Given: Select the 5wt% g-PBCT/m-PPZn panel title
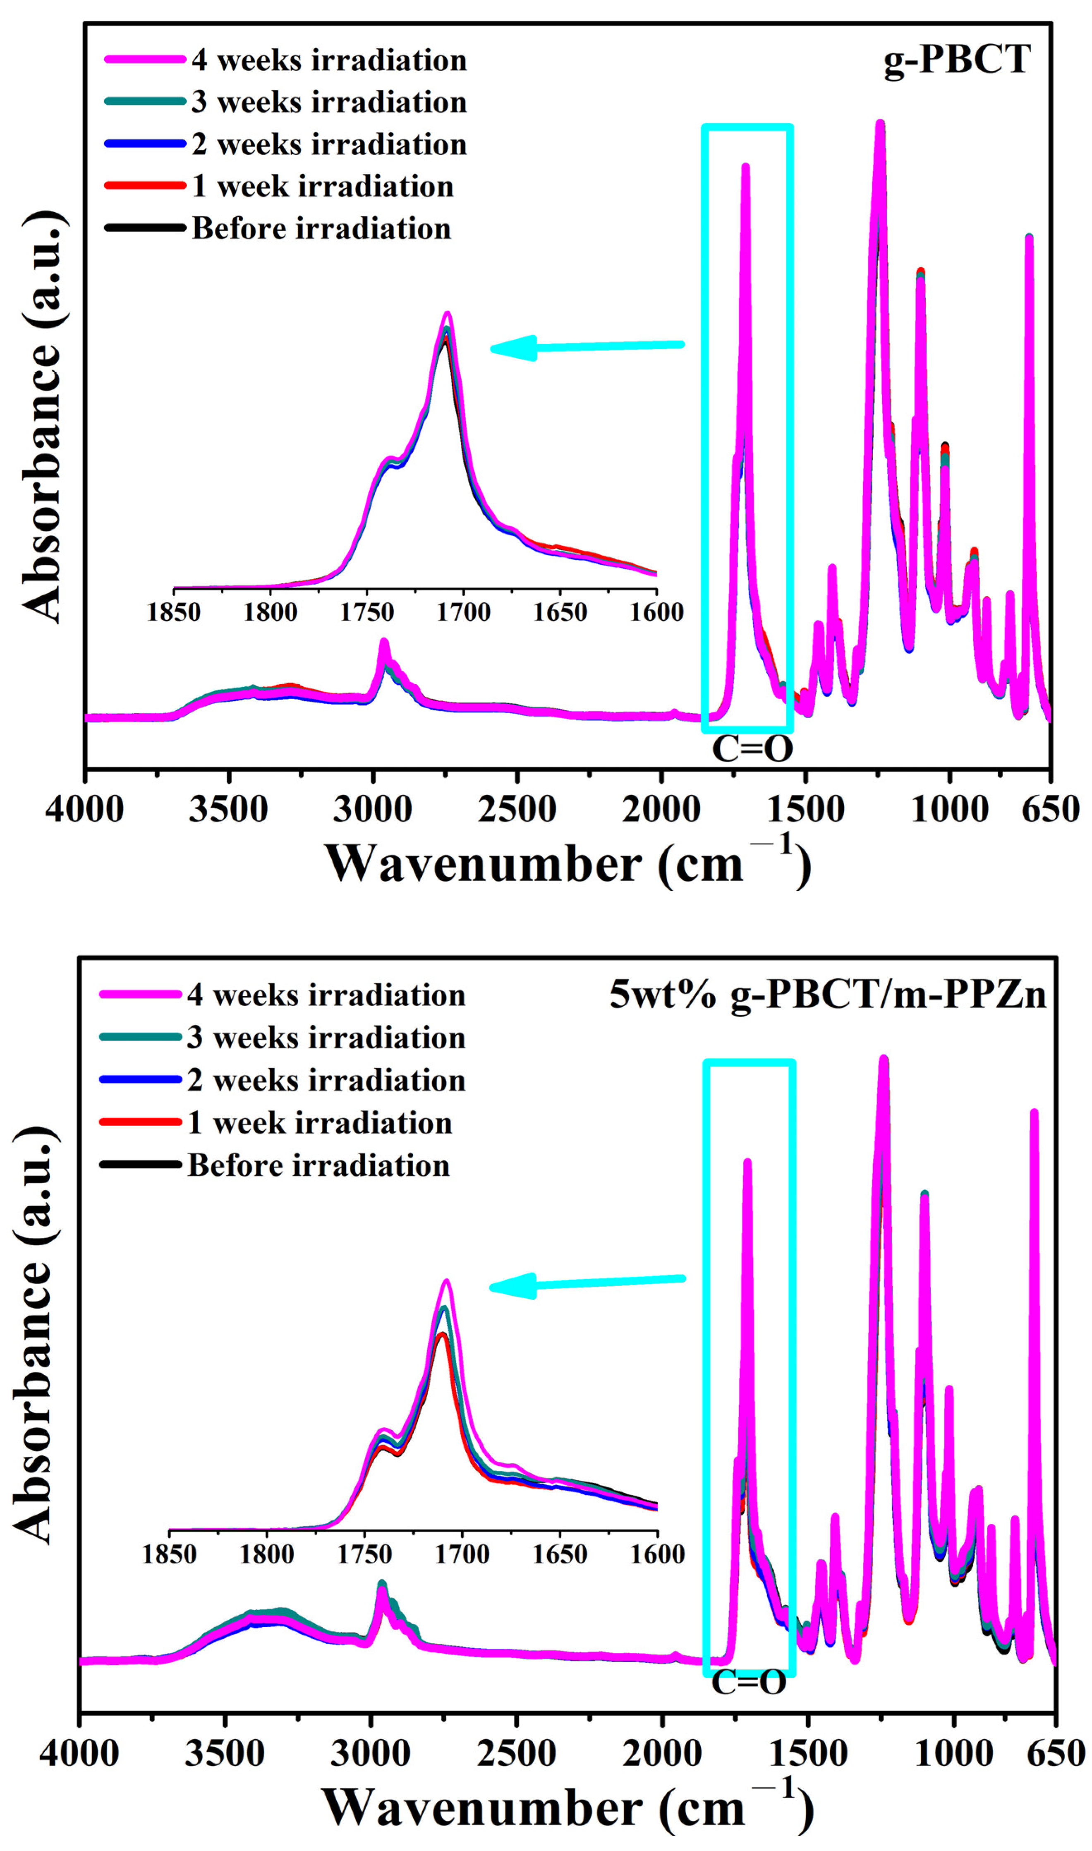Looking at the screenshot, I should (827, 995).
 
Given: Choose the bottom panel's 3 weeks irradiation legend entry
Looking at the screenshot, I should (326, 1038).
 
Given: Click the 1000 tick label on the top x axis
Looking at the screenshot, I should (949, 810).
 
